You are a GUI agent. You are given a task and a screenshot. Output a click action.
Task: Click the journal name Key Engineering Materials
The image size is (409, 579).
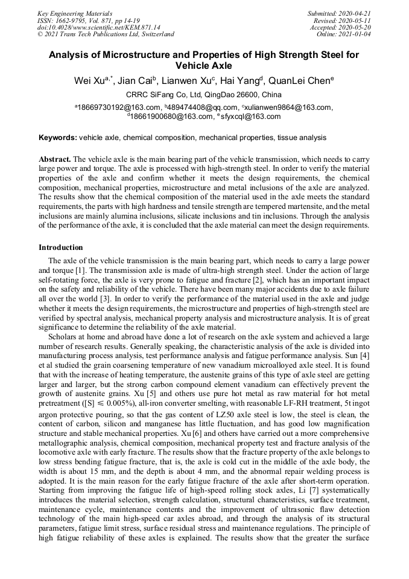point(75,13)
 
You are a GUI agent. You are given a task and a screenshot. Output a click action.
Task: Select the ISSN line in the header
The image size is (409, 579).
point(88,20)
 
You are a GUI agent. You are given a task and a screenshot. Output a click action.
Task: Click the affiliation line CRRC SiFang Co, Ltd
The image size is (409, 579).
point(204,95)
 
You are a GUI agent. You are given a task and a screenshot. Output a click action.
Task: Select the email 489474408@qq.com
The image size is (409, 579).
point(185,107)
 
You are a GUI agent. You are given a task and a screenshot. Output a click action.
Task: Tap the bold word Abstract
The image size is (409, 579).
point(55,159)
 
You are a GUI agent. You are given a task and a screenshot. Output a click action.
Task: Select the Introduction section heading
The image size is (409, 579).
point(61,248)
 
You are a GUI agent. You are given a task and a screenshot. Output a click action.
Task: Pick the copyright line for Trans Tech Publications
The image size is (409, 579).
point(106,34)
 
